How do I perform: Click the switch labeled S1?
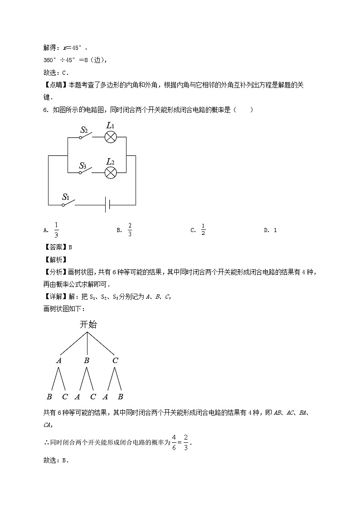[x=68, y=202]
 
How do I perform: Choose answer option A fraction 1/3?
[x=56, y=230]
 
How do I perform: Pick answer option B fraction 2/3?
[x=130, y=230]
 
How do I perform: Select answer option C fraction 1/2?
[x=203, y=230]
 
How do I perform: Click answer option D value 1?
[x=275, y=230]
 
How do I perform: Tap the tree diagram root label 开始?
[x=88, y=325]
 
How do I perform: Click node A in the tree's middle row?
[x=59, y=361]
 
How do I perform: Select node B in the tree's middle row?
[x=87, y=361]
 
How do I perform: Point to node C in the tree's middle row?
[x=115, y=361]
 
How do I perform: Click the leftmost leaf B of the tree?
[x=49, y=397]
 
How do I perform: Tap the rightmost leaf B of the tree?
[x=121, y=397]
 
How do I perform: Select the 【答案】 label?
[x=54, y=247]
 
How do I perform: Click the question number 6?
[x=45, y=110]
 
